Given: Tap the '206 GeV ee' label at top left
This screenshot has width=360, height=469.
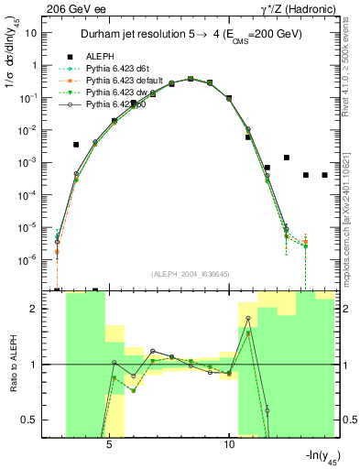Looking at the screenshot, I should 79,7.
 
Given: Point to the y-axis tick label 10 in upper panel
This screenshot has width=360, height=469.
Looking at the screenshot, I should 30,33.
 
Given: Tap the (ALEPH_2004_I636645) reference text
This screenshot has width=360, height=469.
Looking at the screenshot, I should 190,274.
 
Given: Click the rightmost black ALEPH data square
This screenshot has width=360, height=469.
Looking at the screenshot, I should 324,175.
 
